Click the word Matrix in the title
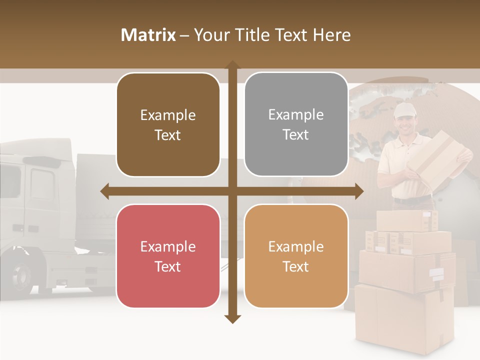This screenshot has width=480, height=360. [x=148, y=35]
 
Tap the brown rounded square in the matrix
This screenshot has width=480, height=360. [x=168, y=125]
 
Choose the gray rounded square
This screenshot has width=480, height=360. [x=296, y=124]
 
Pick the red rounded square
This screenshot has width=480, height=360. [x=168, y=256]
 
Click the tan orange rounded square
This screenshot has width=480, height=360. [x=296, y=256]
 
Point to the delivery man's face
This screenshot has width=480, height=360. [x=404, y=124]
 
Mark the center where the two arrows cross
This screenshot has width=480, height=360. [x=232, y=191]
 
